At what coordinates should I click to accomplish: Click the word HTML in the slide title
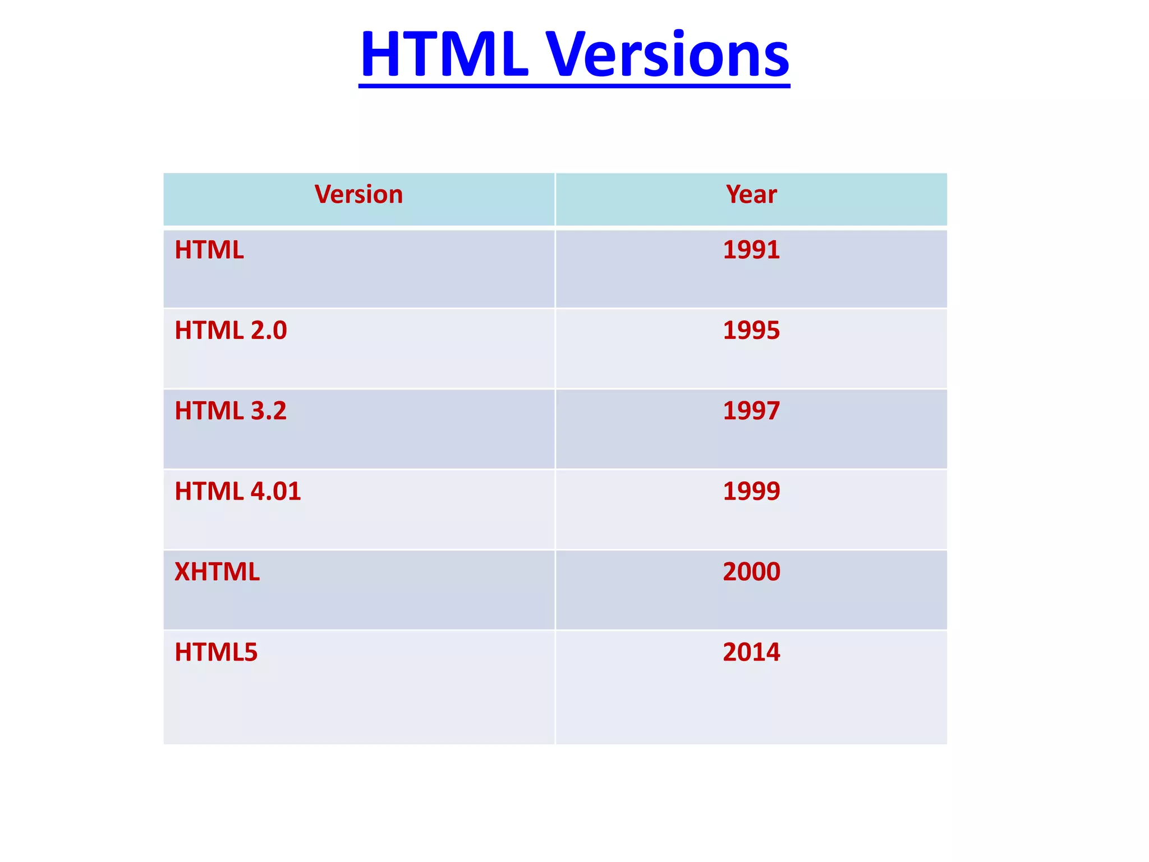[444, 54]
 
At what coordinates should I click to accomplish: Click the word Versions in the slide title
[668, 54]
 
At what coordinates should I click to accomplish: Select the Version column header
[359, 195]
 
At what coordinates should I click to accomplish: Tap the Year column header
[751, 195]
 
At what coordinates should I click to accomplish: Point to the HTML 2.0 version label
[231, 330]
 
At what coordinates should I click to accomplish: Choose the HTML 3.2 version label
[231, 411]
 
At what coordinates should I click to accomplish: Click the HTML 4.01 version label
[237, 491]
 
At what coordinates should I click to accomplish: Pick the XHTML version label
[217, 572]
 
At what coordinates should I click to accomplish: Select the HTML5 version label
[216, 652]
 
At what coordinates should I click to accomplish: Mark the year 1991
[751, 250]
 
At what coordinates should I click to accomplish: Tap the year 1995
[751, 330]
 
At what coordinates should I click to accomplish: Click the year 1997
[751, 411]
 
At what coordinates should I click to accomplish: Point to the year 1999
[751, 491]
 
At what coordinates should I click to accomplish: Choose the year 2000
[751, 572]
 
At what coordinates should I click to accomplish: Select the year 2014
[751, 652]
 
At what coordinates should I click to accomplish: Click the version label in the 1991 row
[209, 250]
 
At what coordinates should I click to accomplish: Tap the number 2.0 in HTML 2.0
[269, 330]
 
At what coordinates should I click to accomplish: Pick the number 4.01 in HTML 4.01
[275, 491]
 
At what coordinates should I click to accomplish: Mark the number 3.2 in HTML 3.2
[269, 411]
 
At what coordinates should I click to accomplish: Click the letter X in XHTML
[183, 572]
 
